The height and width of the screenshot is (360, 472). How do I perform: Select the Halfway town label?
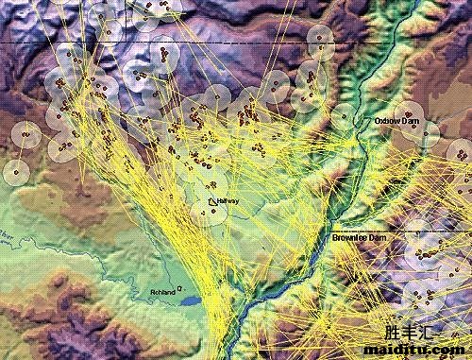(x=228, y=201)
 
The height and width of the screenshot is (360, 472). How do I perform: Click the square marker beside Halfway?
(x=211, y=200)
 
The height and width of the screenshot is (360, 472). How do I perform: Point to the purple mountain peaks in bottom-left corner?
(x=38, y=321)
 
